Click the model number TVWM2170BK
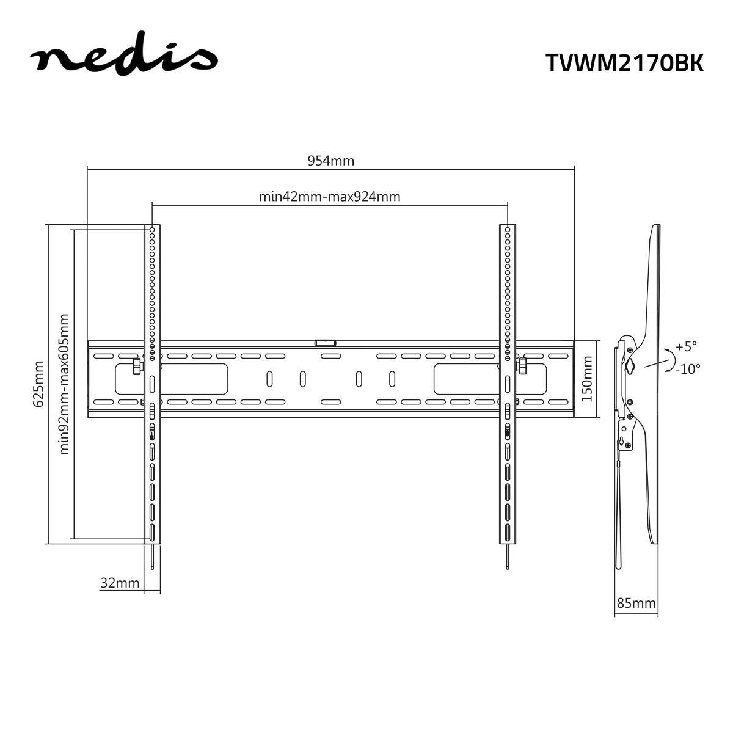(x=624, y=62)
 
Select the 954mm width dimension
(x=330, y=161)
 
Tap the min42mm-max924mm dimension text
(x=330, y=197)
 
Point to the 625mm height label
(x=38, y=384)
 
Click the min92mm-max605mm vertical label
(x=65, y=384)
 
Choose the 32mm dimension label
(x=120, y=583)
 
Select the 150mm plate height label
(x=587, y=379)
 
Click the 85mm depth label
(x=636, y=604)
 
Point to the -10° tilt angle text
(x=688, y=368)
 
